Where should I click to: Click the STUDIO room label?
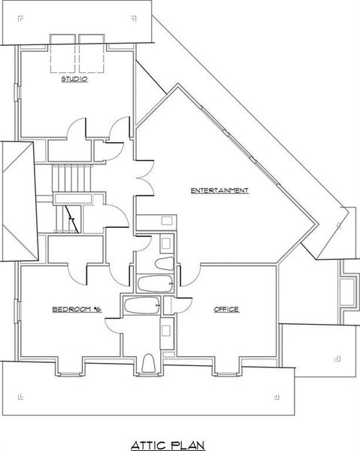tap(74, 77)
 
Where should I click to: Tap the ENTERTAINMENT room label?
tap(219, 191)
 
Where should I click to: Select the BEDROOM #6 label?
tap(76, 310)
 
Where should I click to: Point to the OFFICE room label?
tap(226, 310)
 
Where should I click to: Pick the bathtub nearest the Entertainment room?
tap(156, 283)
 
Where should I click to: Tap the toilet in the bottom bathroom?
tap(148, 363)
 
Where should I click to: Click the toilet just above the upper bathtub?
tap(162, 264)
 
